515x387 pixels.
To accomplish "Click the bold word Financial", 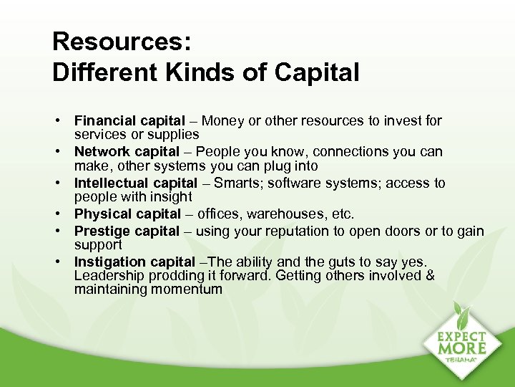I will pos(103,120).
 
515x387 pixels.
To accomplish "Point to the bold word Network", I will pos(100,151).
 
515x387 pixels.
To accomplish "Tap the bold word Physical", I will pos(101,214).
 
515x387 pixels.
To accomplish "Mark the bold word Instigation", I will pos(108,262).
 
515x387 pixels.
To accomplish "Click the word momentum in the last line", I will pos(187,290).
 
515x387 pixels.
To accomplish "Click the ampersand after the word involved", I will pos(429,276).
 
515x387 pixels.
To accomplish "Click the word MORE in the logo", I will pos(463,348).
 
